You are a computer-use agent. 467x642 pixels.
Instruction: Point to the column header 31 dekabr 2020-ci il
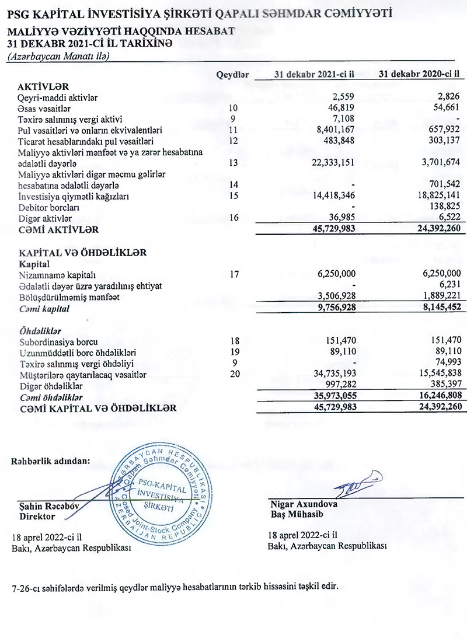click(419, 74)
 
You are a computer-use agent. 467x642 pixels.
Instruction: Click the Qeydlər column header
click(232, 75)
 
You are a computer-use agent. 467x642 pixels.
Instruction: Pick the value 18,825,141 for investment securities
click(433, 196)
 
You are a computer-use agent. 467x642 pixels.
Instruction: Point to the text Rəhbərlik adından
click(51, 460)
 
